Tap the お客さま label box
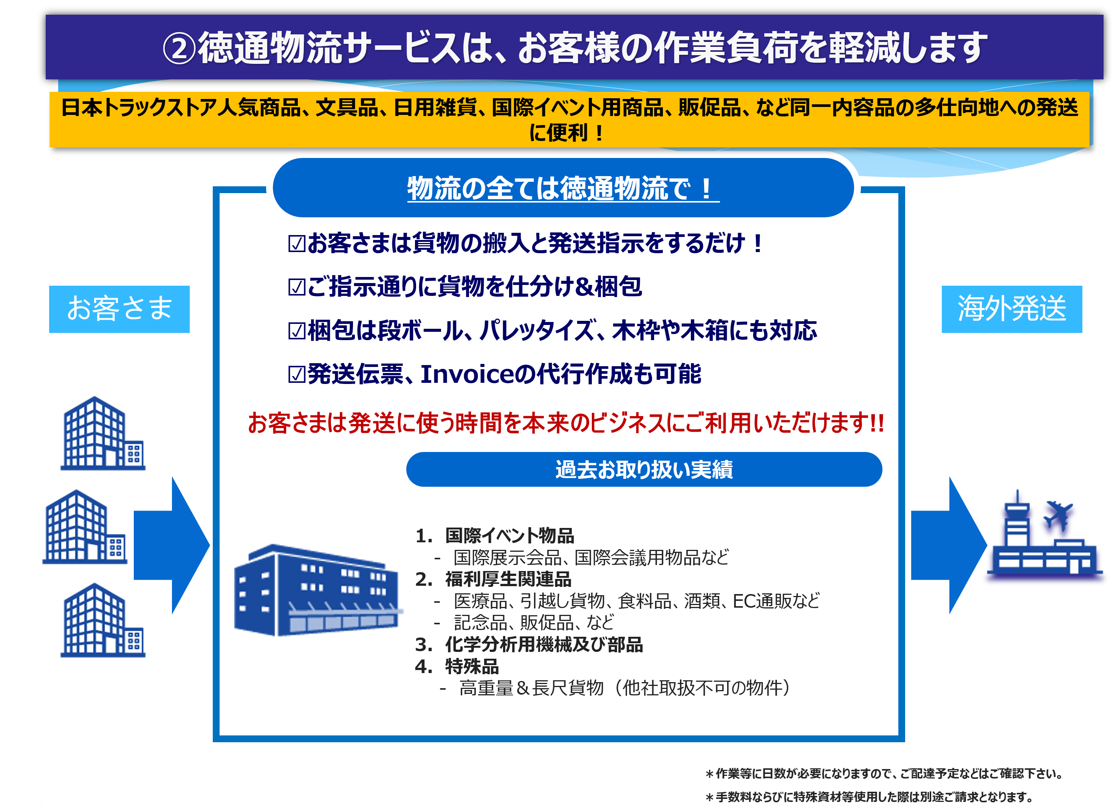click(119, 309)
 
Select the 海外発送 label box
click(1011, 309)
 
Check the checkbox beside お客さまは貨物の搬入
click(297, 244)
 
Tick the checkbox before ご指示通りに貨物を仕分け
click(297, 287)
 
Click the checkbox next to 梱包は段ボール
click(297, 331)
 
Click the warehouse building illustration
click(318, 590)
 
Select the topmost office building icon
click(103, 433)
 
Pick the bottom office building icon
click(103, 620)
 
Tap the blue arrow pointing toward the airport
click(949, 545)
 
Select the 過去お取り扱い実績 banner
click(644, 469)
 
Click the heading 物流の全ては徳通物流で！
click(563, 188)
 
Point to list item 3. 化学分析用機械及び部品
click(529, 645)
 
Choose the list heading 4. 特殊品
click(457, 667)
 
